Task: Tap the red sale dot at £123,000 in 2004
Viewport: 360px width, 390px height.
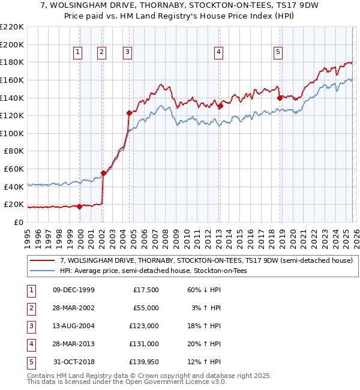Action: [129, 113]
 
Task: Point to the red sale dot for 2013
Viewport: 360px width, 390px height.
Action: [220, 106]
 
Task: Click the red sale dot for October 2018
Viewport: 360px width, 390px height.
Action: [280, 98]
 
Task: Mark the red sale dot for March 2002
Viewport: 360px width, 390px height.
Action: [103, 173]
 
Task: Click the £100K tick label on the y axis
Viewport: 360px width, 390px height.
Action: [13, 133]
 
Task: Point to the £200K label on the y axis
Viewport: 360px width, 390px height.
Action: [13, 44]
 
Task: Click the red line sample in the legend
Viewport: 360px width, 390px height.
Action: [43, 260]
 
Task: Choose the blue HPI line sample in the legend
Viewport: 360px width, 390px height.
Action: [43, 271]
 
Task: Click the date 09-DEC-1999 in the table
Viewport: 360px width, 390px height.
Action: [74, 290]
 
